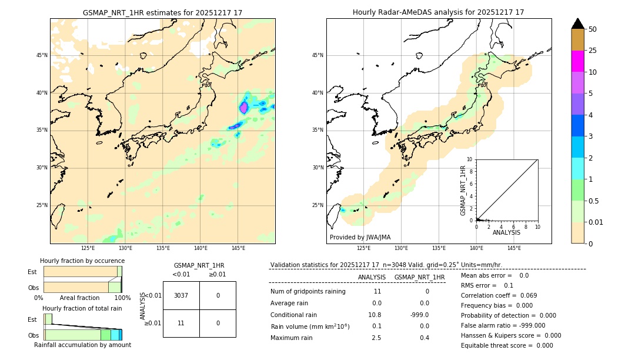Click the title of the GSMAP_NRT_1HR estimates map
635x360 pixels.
tap(162, 12)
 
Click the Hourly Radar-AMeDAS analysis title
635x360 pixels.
tap(438, 12)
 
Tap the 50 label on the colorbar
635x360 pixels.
tap(593, 29)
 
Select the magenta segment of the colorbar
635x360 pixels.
tap(577, 61)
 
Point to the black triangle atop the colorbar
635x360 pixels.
tap(577, 24)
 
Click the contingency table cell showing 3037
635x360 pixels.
tap(181, 295)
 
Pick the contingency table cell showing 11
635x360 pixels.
tap(181, 323)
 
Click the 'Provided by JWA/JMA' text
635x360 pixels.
tap(360, 237)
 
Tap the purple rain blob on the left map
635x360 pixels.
tap(243, 108)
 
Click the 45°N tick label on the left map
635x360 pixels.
tap(42, 55)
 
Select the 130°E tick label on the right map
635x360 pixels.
tap(401, 248)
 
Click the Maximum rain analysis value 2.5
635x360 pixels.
tap(376, 338)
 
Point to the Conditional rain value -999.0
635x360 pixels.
tap(419, 315)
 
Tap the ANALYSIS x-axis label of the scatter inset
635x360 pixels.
tap(506, 232)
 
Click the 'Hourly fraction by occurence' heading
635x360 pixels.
tap(82, 261)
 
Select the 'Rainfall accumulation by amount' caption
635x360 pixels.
tap(82, 345)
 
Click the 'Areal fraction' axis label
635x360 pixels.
tap(79, 298)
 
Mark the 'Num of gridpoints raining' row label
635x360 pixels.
tap(308, 291)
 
